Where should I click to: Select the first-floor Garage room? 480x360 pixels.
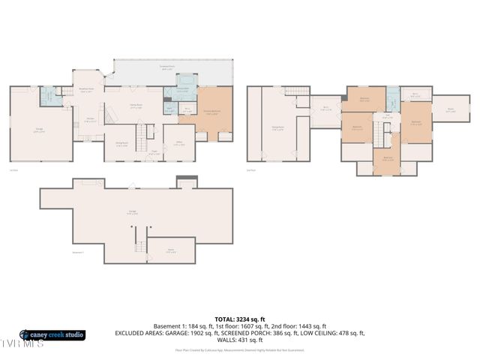pos(40,131)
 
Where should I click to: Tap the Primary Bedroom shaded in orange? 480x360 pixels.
pos(215,112)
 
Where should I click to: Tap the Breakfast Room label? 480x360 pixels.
pos(86,89)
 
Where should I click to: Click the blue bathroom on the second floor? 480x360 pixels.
pos(392,100)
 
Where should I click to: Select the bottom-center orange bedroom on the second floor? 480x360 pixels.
pos(387,158)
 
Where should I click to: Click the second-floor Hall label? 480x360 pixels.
pos(387,117)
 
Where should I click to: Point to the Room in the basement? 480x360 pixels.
pos(171,250)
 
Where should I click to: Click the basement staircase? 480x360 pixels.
pos(139,247)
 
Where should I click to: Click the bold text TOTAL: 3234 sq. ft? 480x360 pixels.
pos(240,319)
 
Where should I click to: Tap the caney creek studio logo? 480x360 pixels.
pos(52,334)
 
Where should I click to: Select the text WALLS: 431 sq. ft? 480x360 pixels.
pos(240,340)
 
